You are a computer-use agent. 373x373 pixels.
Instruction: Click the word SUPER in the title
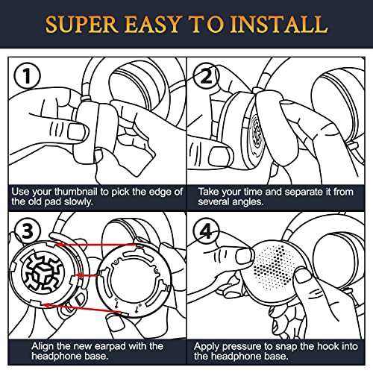tap(81, 25)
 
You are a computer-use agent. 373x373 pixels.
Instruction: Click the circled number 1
tap(27, 75)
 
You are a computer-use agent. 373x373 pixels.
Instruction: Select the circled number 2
tap(206, 76)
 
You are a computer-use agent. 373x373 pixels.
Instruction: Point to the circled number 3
tap(28, 231)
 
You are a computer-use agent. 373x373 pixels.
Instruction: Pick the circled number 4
tap(207, 231)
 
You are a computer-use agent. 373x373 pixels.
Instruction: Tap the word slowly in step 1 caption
tap(78, 201)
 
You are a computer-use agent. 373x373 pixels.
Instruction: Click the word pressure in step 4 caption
tap(242, 347)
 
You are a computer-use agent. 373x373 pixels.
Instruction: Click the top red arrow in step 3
tap(95, 245)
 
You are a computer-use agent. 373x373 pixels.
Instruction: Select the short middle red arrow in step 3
tap(87, 275)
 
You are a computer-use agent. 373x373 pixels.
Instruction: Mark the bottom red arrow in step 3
tap(82, 308)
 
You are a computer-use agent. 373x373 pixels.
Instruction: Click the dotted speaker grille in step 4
tap(274, 267)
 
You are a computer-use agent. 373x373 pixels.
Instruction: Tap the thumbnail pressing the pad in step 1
tap(76, 131)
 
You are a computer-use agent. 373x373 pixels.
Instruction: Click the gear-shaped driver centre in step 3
tap(43, 273)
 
